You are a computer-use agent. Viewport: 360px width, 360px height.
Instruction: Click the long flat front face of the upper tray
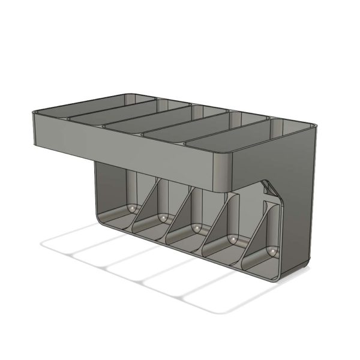(120, 147)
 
